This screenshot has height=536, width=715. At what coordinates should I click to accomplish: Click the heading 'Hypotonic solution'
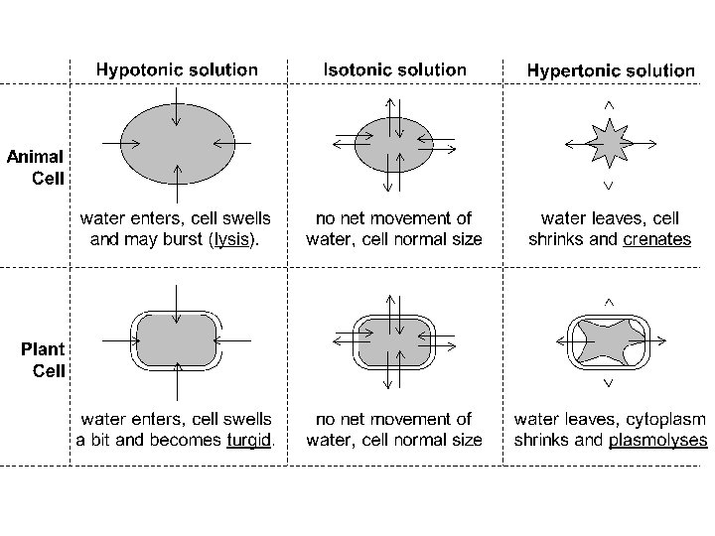click(x=177, y=70)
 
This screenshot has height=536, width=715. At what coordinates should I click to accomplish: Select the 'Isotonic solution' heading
click(x=394, y=70)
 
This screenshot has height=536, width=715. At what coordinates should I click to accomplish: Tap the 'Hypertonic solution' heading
click(x=611, y=70)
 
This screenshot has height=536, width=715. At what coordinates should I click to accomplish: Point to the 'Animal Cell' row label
click(x=37, y=168)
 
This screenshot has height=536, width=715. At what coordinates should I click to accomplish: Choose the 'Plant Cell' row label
click(x=44, y=360)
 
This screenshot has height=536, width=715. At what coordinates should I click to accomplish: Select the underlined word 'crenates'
click(x=656, y=239)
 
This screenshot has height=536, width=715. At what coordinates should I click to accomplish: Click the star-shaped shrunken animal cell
click(x=607, y=144)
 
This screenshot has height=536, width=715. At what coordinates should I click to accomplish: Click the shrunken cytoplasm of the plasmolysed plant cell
click(x=608, y=342)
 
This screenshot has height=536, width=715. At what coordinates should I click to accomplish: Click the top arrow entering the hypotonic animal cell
click(x=176, y=105)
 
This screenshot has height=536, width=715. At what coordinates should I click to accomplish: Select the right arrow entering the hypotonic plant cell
click(x=234, y=339)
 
